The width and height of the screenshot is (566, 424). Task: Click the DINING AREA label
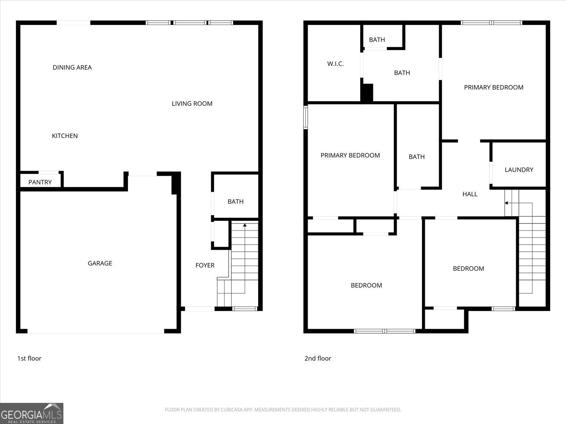72,67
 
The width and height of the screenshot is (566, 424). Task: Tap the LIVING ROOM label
192,104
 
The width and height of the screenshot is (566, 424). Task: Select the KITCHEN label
65,136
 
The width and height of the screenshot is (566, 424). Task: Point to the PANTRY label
40,182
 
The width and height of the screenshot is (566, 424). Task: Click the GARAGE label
100,263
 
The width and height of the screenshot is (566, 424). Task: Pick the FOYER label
205,265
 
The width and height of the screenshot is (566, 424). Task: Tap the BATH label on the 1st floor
235,202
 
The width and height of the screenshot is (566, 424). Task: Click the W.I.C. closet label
335,64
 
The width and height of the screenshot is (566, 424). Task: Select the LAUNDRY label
519,170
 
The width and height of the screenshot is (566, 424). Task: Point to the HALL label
470,194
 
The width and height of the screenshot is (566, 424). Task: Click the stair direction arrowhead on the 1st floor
245,225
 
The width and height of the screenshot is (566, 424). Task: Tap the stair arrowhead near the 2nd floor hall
506,203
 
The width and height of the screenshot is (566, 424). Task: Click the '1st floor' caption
29,358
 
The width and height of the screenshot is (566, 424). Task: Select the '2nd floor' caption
318,358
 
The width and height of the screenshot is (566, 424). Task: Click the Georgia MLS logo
32,413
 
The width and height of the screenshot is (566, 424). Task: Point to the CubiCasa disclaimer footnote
283,410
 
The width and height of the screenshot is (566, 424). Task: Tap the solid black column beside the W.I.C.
367,93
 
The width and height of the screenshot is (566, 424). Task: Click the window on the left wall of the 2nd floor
306,118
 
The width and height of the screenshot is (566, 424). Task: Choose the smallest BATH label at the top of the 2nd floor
377,40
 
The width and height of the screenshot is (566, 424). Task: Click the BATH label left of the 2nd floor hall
417,157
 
